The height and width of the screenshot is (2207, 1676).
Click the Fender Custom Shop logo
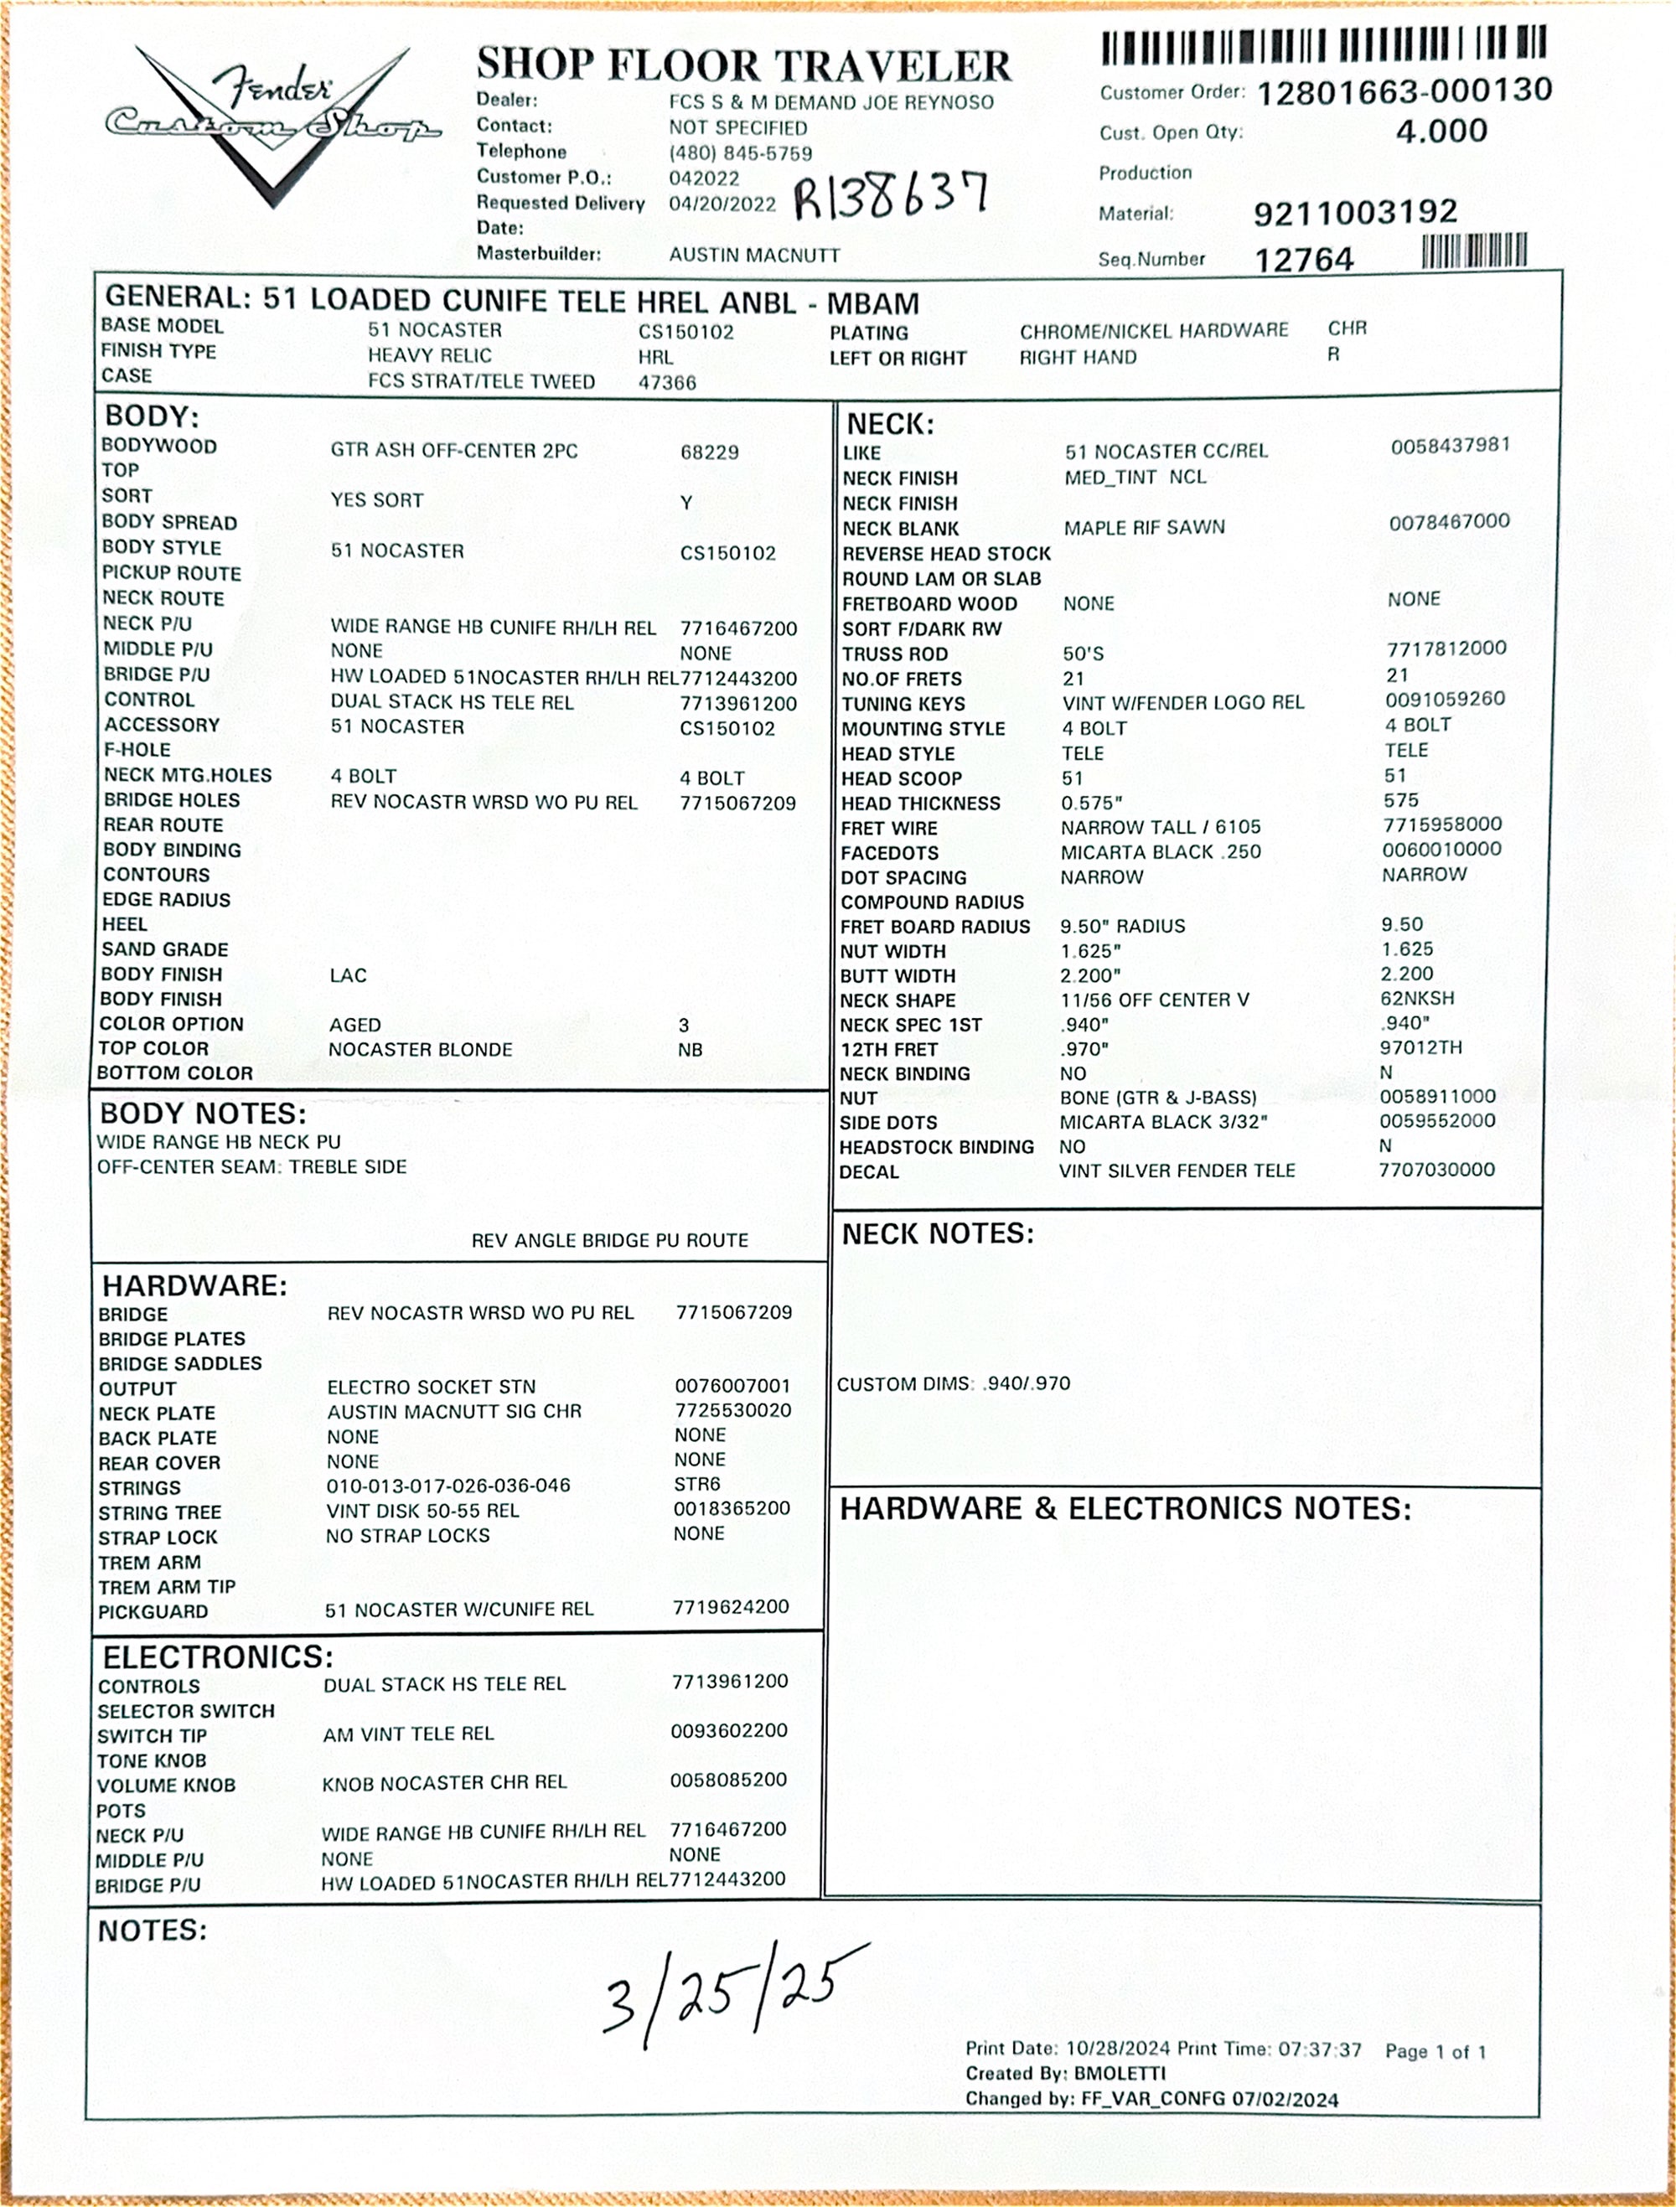[272, 120]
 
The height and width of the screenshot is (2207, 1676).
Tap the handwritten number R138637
[891, 194]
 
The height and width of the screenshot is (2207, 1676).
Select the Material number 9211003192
[1355, 211]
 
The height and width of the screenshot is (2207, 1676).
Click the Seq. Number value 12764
[1304, 261]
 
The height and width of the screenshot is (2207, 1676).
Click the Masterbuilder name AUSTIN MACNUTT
[754, 256]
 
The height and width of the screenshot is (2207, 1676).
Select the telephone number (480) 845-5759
[740, 153]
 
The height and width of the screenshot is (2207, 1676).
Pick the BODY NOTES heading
[204, 1114]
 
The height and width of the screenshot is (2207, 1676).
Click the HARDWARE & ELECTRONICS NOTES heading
[1125, 1507]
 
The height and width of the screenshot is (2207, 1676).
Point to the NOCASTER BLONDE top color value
[420, 1050]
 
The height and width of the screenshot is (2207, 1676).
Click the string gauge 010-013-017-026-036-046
[448, 1486]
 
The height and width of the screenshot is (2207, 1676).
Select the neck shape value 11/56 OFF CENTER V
[1154, 1000]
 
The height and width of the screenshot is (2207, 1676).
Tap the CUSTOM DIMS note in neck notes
[953, 1384]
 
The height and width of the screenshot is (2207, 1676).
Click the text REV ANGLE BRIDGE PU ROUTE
[609, 1240]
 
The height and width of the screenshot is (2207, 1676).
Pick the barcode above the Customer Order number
[1323, 45]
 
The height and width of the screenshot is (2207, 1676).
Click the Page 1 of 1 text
[1435, 2051]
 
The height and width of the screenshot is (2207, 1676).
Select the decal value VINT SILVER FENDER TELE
[1177, 1171]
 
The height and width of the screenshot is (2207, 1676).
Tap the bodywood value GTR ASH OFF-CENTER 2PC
[454, 451]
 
